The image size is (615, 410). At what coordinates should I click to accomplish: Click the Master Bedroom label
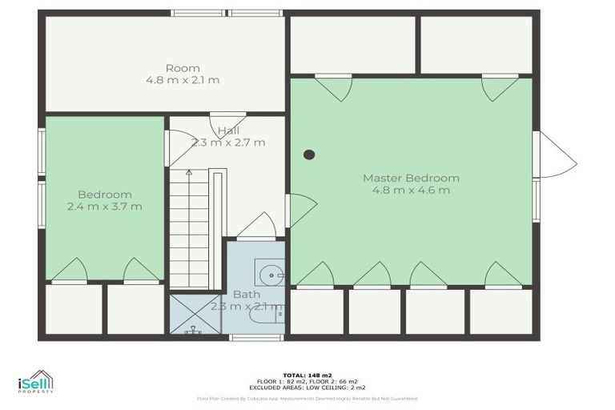coord(411,178)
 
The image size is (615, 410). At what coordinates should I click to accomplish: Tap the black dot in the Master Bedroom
coord(309,155)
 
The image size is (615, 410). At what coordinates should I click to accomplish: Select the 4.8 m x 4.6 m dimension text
coord(411,191)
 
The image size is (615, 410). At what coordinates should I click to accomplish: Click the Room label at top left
coord(183,68)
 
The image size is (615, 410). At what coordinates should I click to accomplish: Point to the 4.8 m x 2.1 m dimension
coord(183,80)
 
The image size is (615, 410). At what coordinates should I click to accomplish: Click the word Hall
coord(228,131)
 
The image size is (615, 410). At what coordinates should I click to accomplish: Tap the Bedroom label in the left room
coord(105,195)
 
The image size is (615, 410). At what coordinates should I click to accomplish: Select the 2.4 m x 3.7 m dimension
coord(105,207)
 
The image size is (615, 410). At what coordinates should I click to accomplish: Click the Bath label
coord(241,295)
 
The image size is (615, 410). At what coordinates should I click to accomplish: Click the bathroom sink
coord(272,275)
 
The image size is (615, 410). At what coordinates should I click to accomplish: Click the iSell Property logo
coord(36,382)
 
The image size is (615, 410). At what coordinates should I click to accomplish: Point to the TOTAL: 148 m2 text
coord(307,374)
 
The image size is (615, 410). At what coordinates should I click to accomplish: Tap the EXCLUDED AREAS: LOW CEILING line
coord(307,387)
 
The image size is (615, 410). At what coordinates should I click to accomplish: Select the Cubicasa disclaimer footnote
coord(307,398)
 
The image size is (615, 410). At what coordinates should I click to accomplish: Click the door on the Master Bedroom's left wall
coord(299,209)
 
